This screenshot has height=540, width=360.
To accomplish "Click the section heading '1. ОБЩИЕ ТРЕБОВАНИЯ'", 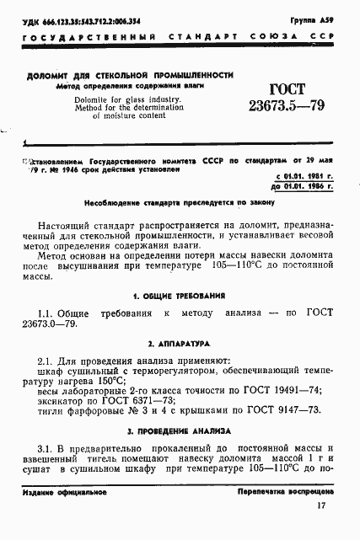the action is (180, 296).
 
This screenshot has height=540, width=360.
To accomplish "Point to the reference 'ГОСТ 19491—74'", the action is (287, 392).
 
